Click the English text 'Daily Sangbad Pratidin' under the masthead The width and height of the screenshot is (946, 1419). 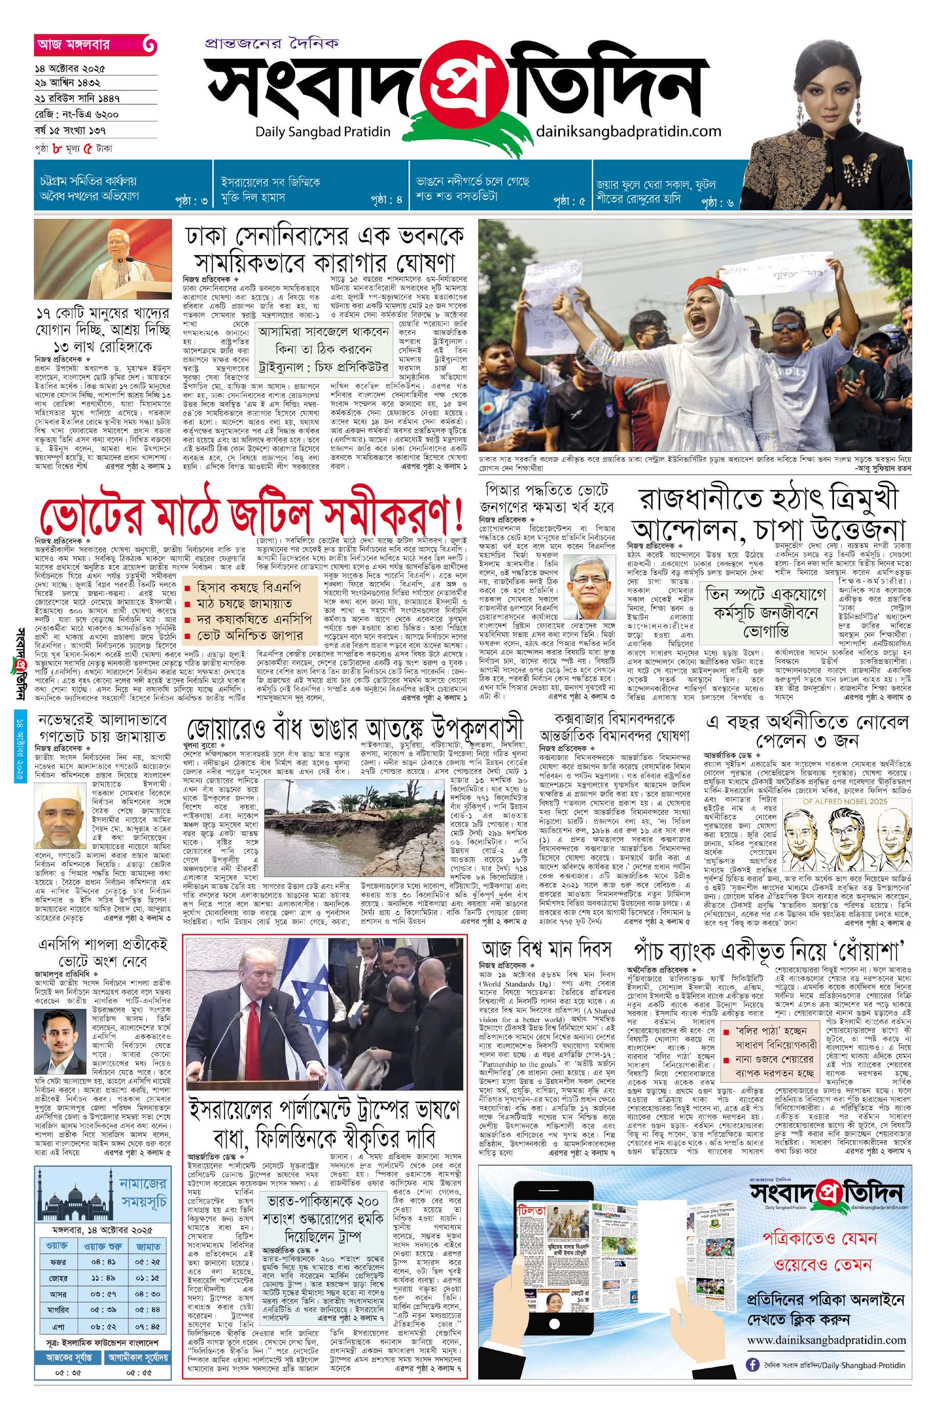323,131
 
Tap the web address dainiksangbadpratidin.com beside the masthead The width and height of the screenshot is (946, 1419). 628,131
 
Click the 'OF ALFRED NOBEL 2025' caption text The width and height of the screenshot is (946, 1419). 845,802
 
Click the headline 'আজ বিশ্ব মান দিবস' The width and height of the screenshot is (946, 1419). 547,949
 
